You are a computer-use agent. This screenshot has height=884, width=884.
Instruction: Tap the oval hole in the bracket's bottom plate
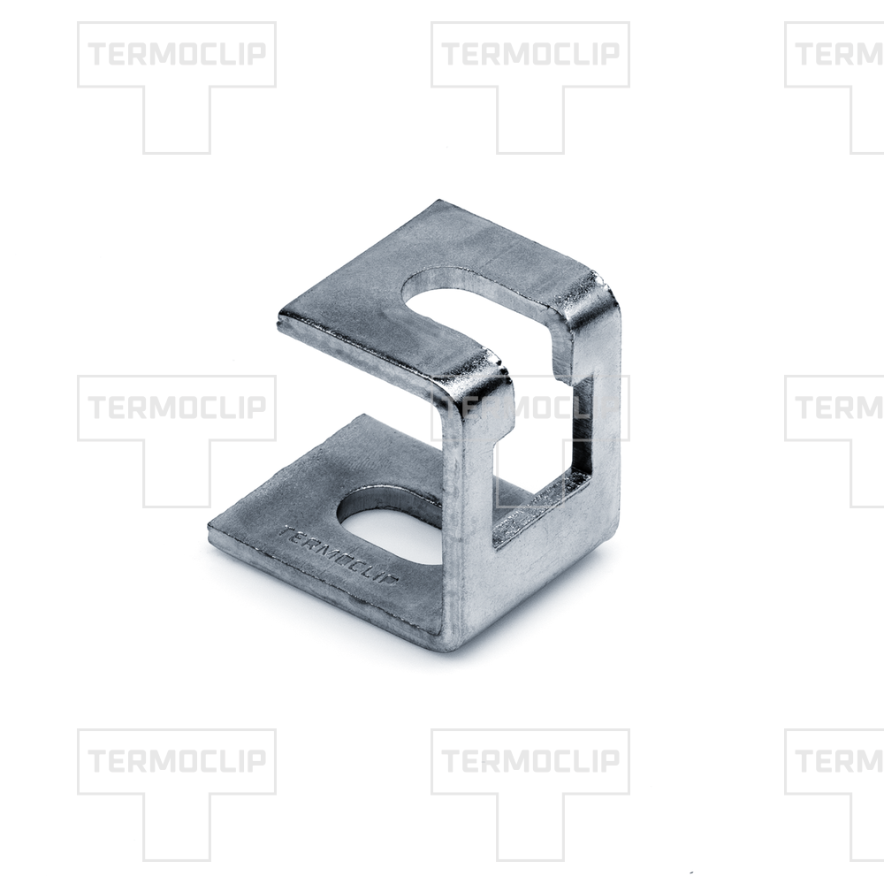coord(389,522)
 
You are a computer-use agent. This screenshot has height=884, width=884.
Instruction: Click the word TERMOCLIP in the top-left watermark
coord(177,54)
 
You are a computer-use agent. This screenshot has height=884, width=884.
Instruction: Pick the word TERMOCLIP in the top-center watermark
coord(530,54)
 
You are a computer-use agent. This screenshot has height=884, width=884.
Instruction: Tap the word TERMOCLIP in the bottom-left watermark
coord(177,760)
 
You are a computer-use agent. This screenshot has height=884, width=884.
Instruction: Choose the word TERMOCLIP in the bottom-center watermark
coord(530,760)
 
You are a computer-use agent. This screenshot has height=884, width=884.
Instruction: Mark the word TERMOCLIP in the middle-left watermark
coord(177,407)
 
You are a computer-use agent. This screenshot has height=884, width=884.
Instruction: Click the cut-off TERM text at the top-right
coord(840,54)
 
